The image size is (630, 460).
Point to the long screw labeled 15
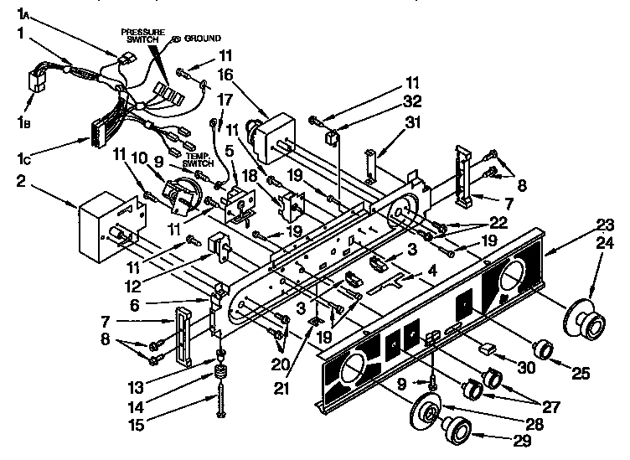point(222,394)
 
